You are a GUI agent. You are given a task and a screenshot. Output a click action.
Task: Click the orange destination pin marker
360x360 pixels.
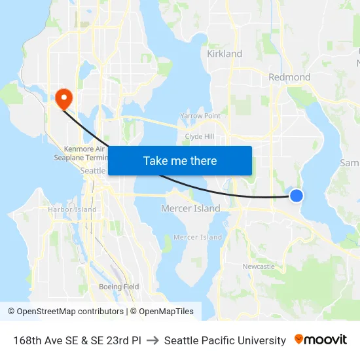pos(64,98)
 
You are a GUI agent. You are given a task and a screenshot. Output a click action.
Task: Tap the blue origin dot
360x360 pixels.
pos(297,195)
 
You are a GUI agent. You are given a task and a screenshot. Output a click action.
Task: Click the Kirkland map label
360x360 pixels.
pos(225,54)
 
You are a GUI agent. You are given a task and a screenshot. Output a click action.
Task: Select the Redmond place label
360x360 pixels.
pos(289,77)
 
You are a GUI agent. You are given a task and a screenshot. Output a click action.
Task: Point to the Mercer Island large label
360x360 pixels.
pos(190,209)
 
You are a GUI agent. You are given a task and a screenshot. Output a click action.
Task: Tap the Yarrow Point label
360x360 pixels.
pos(200,116)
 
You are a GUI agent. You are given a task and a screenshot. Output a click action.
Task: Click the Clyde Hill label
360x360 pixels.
pos(200,136)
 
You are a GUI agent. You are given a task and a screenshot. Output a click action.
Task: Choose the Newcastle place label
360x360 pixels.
pos(259,266)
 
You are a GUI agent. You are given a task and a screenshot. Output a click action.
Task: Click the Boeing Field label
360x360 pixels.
pos(118,287)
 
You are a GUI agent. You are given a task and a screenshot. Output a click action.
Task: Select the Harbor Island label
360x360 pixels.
pos(72,209)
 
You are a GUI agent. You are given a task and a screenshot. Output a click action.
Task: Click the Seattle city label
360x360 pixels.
pos(92,170)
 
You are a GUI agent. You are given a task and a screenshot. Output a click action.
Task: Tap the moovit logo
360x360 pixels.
pos(321,340)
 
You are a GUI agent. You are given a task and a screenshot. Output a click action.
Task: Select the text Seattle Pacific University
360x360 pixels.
pos(225,340)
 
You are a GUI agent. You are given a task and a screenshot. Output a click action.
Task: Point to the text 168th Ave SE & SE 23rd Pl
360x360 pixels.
pos(77,340)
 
